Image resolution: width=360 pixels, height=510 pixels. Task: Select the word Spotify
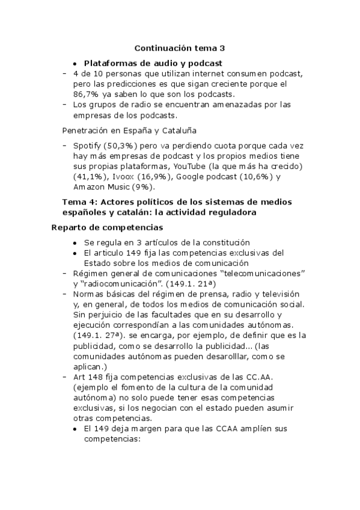87,146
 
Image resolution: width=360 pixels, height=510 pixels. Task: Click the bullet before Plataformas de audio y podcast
75,63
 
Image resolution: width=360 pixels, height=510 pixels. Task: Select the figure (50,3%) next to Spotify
124,146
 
